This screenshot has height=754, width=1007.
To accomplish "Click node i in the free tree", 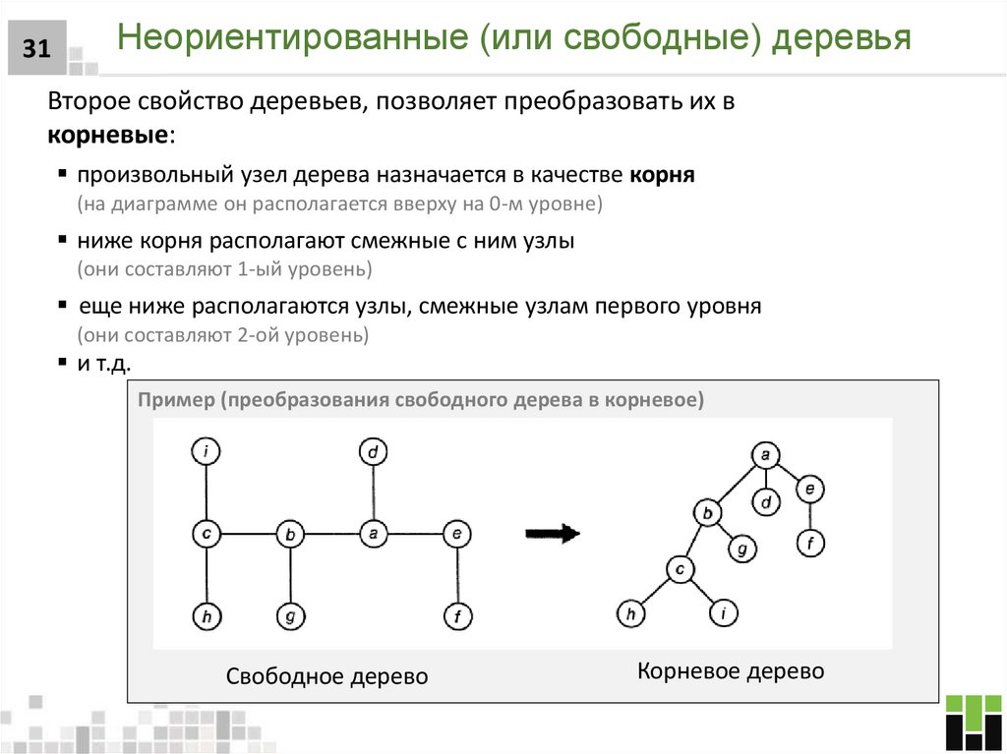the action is (206, 452).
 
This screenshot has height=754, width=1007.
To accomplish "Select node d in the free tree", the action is (373, 452).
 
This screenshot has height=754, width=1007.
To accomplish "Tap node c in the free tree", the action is (206, 534).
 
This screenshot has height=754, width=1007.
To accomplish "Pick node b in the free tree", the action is (290, 535).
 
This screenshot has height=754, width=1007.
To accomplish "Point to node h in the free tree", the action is (206, 616).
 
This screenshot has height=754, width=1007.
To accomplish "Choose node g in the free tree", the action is (290, 616).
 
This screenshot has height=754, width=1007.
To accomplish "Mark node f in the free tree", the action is (457, 616).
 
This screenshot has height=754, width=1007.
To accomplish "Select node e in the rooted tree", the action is (809, 489).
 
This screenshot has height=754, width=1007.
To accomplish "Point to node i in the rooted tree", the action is (722, 614).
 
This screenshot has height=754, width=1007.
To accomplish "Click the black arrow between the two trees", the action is (553, 534).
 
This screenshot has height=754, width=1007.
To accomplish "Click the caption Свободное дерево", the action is (327, 677).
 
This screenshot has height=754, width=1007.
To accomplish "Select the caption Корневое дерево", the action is (731, 671).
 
